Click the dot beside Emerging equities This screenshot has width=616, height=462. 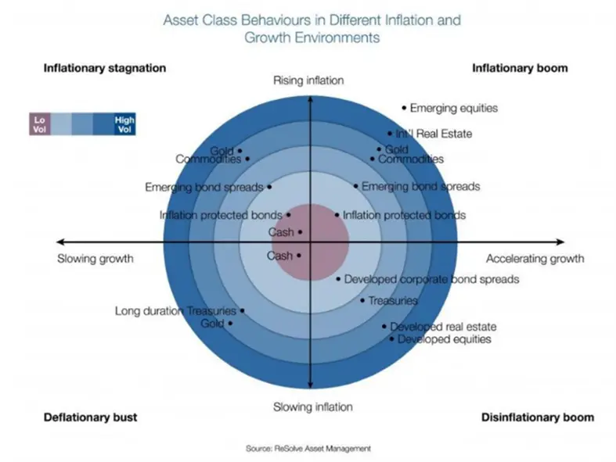pyautogui.click(x=404, y=108)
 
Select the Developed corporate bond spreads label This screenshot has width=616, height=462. pyautogui.click(x=431, y=279)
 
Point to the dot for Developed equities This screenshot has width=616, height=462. pyautogui.click(x=392, y=338)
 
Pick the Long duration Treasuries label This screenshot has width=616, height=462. pyautogui.click(x=175, y=310)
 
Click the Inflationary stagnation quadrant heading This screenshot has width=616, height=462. pyautogui.click(x=104, y=68)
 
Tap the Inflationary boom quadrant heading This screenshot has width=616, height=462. pyautogui.click(x=520, y=68)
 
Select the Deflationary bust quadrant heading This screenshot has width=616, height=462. pyautogui.click(x=91, y=417)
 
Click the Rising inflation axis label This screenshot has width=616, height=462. pyautogui.click(x=308, y=81)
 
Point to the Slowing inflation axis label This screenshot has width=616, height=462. pyautogui.click(x=312, y=406)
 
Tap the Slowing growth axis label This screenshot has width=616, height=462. pyautogui.click(x=95, y=259)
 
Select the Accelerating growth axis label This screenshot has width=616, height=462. pyautogui.click(x=535, y=259)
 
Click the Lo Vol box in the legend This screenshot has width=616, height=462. pyautogui.click(x=39, y=124)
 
